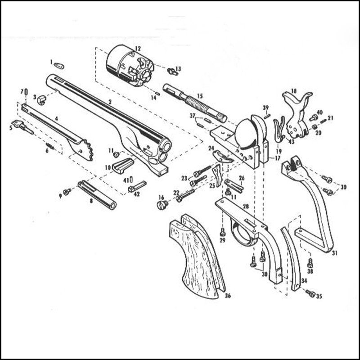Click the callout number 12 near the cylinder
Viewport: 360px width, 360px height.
[137, 48]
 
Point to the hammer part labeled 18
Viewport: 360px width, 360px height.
[297, 108]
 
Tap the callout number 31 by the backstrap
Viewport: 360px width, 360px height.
[334, 253]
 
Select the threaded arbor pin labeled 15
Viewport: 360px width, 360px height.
[193, 103]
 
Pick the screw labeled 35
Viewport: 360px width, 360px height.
[310, 293]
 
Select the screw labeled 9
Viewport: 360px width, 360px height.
[67, 192]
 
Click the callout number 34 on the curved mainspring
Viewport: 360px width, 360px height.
[304, 280]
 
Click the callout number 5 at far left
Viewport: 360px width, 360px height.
[11, 128]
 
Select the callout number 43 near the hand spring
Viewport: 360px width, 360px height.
[292, 142]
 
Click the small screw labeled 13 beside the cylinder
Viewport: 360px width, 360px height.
[171, 70]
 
